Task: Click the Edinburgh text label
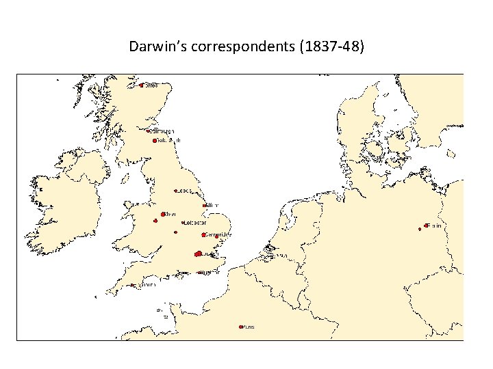(x=162, y=131)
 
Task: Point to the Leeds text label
(x=186, y=191)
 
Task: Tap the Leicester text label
(x=196, y=222)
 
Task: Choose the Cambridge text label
(x=218, y=234)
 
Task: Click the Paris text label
(x=249, y=327)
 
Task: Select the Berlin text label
(x=434, y=225)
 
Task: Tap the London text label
(x=211, y=254)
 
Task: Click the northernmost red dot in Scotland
(x=141, y=85)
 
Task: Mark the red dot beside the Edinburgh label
(x=148, y=131)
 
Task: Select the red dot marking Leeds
(x=175, y=191)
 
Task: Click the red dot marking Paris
(x=240, y=327)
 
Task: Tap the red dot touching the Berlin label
(x=426, y=225)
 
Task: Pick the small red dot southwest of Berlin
(x=420, y=229)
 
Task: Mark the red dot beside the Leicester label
(x=183, y=222)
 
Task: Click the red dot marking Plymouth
(x=131, y=285)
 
